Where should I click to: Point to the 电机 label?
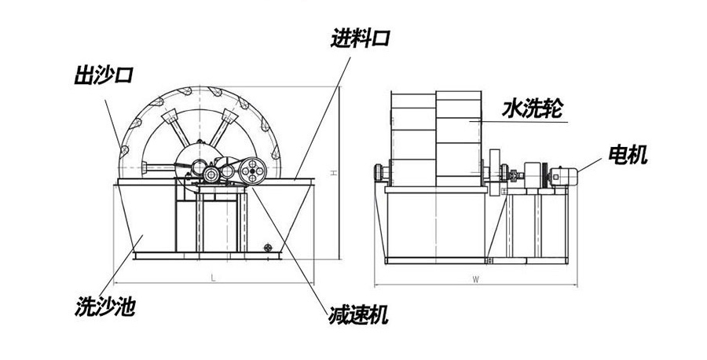tap(628, 156)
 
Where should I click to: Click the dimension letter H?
tap(334, 174)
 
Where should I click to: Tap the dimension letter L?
tap(214, 277)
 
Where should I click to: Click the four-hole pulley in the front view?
tap(254, 168)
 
